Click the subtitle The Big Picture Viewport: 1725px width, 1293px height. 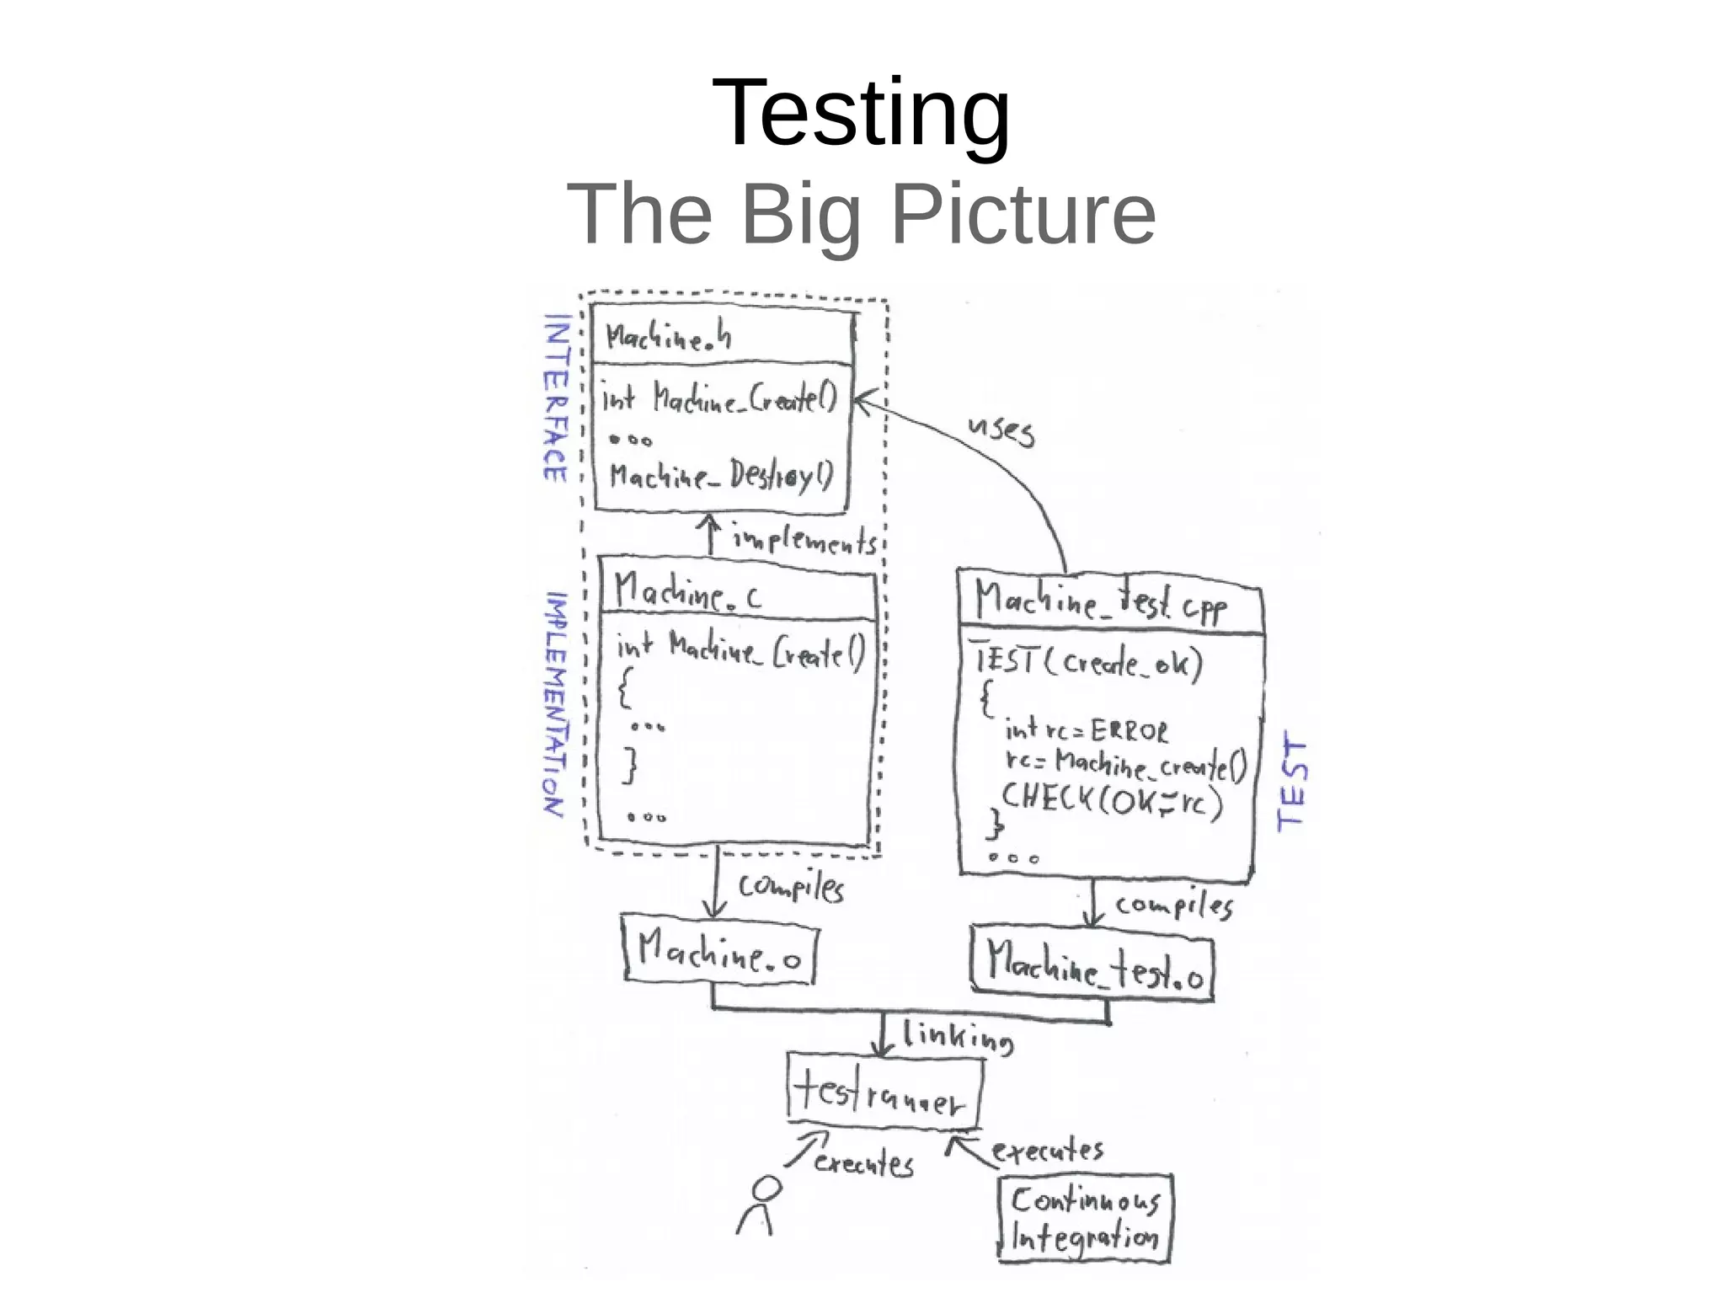pyautogui.click(x=861, y=215)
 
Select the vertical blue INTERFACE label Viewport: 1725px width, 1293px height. pyautogui.click(x=556, y=398)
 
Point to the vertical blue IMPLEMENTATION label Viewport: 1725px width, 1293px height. pyautogui.click(x=555, y=703)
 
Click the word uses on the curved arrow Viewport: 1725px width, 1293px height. pyautogui.click(x=1001, y=430)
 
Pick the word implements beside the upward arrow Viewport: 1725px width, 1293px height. pyautogui.click(x=804, y=540)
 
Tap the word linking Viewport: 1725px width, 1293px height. pyautogui.click(x=958, y=1037)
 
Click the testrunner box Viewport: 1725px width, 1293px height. pyautogui.click(x=884, y=1092)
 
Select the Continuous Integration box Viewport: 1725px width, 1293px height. pyautogui.click(x=1085, y=1218)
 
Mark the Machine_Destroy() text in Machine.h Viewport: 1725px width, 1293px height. pyautogui.click(x=721, y=476)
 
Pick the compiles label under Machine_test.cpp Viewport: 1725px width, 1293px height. pyautogui.click(x=1173, y=906)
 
